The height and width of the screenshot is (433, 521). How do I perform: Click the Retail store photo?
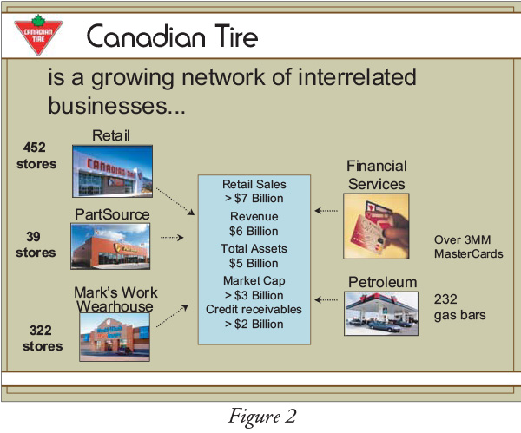tap(113, 171)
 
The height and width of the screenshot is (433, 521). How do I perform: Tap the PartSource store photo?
tap(110, 246)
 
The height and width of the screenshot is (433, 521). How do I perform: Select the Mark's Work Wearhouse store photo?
tap(115, 337)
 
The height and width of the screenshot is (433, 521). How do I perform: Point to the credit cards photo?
tap(376, 226)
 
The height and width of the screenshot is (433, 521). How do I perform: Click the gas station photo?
tap(381, 313)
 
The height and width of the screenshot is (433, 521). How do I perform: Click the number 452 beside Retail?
tap(34, 148)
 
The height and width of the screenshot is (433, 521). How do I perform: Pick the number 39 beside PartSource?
tap(33, 236)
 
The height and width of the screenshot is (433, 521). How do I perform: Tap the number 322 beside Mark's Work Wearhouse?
tap(41, 330)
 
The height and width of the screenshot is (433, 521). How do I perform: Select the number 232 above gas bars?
tap(445, 299)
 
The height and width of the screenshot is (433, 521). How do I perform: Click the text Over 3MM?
tap(462, 239)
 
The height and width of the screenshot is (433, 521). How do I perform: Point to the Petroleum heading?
tap(382, 282)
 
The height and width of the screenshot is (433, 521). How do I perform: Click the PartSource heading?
tap(112, 214)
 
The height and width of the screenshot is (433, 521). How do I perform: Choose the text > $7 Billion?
tap(254, 198)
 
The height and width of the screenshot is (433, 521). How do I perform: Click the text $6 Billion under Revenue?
tap(254, 231)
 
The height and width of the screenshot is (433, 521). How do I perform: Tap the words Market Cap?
tap(254, 281)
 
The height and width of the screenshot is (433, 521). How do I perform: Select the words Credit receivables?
tap(254, 309)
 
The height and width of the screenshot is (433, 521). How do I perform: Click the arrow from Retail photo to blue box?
tap(175, 201)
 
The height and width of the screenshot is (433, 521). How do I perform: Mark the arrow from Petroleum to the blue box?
tap(326, 300)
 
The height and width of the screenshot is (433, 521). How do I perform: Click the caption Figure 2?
tap(262, 417)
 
